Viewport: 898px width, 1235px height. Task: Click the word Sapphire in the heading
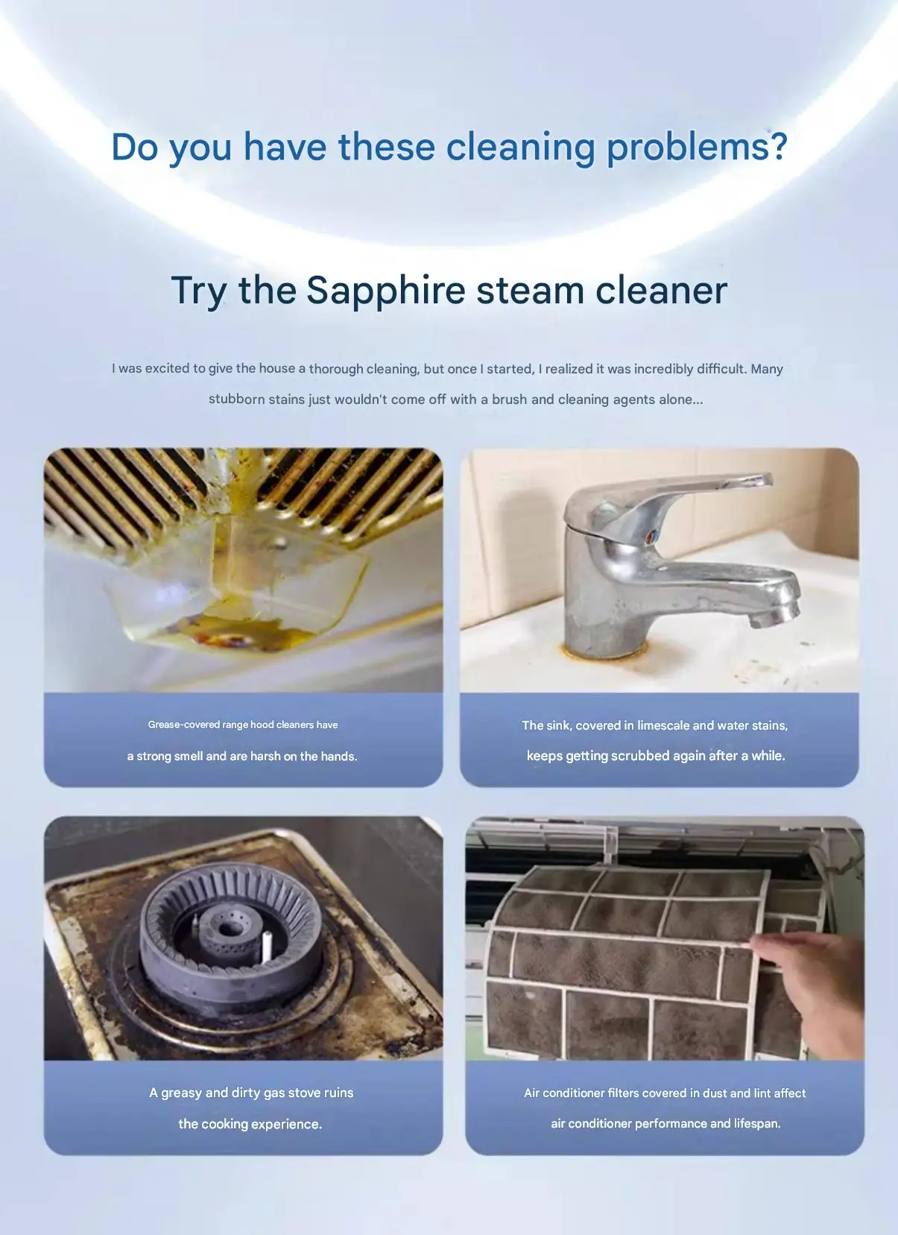click(386, 291)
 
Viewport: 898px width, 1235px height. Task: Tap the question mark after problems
click(778, 146)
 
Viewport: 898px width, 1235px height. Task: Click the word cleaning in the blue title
click(520, 148)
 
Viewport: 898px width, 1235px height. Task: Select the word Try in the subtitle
click(198, 291)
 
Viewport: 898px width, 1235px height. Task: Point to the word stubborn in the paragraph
click(236, 399)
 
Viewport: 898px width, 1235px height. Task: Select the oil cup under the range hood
click(237, 584)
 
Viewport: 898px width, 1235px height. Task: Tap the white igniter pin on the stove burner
click(267, 946)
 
